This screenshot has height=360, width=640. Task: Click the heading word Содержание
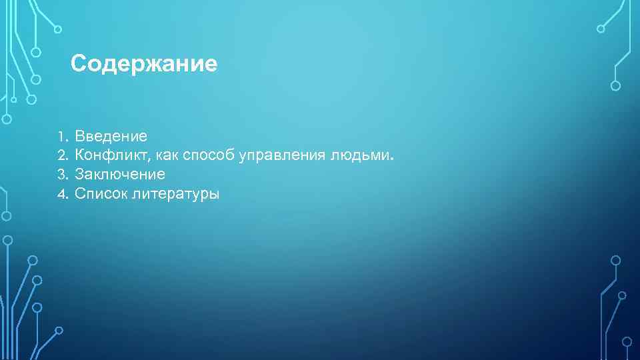point(144,64)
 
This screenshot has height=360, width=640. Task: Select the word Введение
point(111,137)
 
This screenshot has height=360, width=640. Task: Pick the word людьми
point(361,155)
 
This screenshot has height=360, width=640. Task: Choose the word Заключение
point(120,175)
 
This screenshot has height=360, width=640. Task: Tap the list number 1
point(60,137)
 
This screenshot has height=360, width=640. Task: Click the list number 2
point(61,156)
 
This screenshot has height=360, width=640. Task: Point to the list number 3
point(61,175)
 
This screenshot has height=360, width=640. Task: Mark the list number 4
point(61,195)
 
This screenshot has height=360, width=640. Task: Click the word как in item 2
point(170,156)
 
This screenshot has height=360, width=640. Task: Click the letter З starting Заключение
point(79,175)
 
